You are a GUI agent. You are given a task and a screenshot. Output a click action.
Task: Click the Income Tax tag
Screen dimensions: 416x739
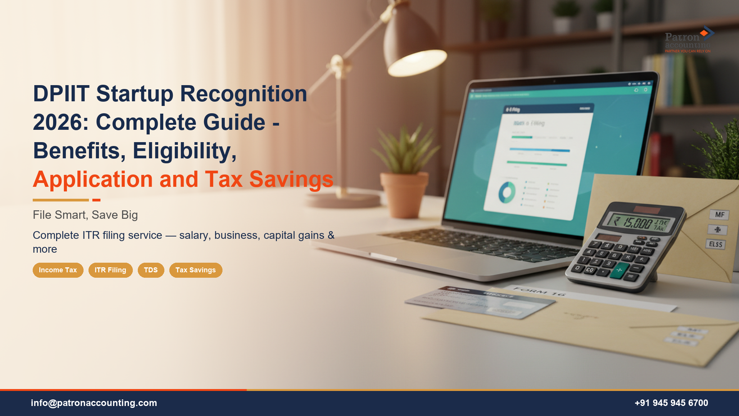coord(58,270)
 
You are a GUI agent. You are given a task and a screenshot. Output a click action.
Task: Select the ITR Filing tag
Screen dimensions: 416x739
coord(110,270)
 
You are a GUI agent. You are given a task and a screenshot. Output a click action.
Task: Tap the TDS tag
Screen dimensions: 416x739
coord(151,270)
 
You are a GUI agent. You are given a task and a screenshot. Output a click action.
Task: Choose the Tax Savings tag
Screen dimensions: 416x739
coord(196,270)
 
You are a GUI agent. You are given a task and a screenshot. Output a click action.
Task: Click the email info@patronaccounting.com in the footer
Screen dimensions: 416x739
coord(94,403)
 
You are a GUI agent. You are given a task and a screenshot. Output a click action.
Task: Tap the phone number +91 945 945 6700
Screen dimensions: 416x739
coord(671,403)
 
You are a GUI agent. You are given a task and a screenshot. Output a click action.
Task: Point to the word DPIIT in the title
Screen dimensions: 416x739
coord(61,94)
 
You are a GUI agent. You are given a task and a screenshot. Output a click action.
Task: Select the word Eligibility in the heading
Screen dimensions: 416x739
coord(184,151)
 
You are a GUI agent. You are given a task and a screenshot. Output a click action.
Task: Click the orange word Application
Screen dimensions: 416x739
coord(93,179)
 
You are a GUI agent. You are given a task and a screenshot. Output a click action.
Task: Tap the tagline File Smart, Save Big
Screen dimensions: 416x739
coord(85,215)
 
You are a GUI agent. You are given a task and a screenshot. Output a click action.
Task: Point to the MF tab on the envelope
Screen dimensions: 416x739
coord(719,215)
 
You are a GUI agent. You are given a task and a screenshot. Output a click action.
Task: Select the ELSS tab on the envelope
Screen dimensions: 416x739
coord(716,244)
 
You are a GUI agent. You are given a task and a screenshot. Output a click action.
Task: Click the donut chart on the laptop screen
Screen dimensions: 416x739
coord(507,193)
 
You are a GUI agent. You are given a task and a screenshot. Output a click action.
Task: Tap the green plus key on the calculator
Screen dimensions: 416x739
coord(619,270)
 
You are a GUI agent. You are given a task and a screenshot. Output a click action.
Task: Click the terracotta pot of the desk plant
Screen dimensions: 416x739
coord(404,195)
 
